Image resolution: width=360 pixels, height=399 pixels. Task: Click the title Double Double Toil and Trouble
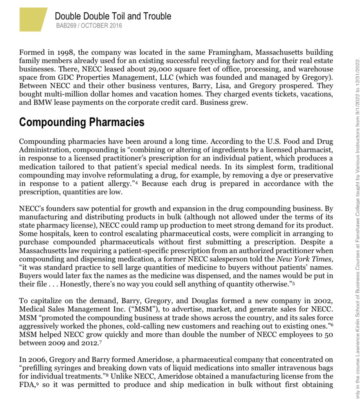[x=113, y=16]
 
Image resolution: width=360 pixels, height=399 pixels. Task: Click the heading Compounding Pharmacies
[x=82, y=122]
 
